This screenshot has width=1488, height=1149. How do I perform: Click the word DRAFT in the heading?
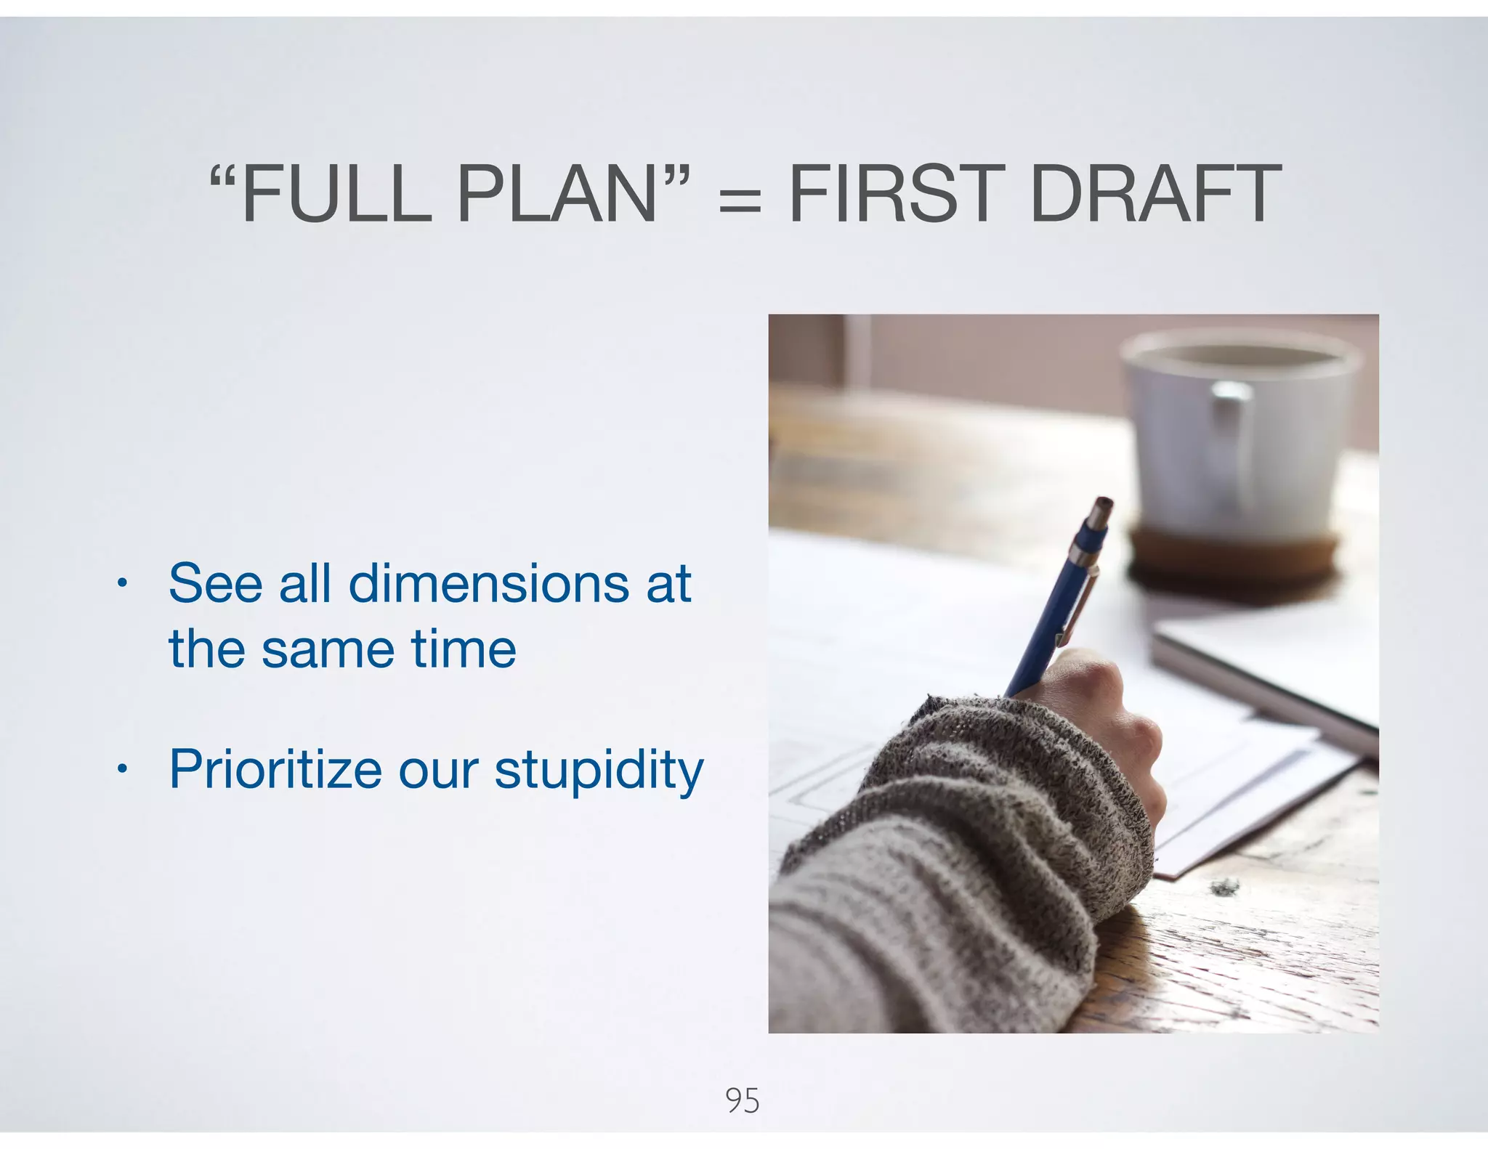[x=1155, y=195]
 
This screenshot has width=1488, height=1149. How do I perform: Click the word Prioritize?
[x=275, y=769]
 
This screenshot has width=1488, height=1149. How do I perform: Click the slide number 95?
[x=743, y=1101]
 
